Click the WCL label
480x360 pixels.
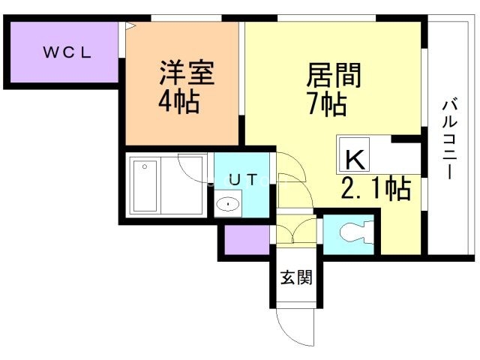(67, 52)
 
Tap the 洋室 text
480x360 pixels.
(187, 73)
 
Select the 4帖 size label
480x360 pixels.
(179, 102)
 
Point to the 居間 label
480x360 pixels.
(334, 75)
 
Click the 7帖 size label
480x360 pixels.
(328, 105)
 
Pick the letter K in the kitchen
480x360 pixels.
(355, 160)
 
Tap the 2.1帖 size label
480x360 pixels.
(376, 189)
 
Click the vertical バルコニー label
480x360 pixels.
(449, 138)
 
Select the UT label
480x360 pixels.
(242, 180)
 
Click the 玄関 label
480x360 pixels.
(296, 277)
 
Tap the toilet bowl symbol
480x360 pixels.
(357, 234)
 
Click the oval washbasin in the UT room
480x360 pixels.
(228, 204)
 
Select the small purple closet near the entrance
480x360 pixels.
(247, 240)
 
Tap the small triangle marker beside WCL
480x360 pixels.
(130, 25)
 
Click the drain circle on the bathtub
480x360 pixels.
(145, 166)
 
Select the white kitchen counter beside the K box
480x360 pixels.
(395, 158)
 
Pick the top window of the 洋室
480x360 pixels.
(186, 18)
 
